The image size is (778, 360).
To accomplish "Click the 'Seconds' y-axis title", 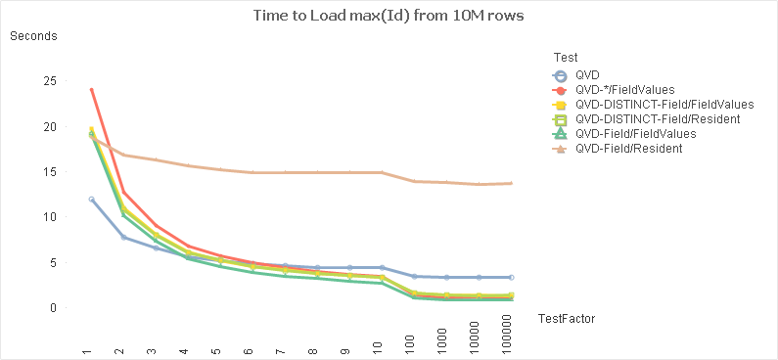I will click(x=33, y=36).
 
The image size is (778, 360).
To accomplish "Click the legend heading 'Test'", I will click(x=564, y=56).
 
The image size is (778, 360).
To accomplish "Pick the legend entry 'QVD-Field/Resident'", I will click(x=627, y=149).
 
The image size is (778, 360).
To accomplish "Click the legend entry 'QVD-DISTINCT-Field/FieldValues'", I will click(x=664, y=105).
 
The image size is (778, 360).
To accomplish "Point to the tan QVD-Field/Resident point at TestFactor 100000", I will click(x=510, y=183).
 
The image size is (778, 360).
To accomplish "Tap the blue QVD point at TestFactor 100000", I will click(x=510, y=278).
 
